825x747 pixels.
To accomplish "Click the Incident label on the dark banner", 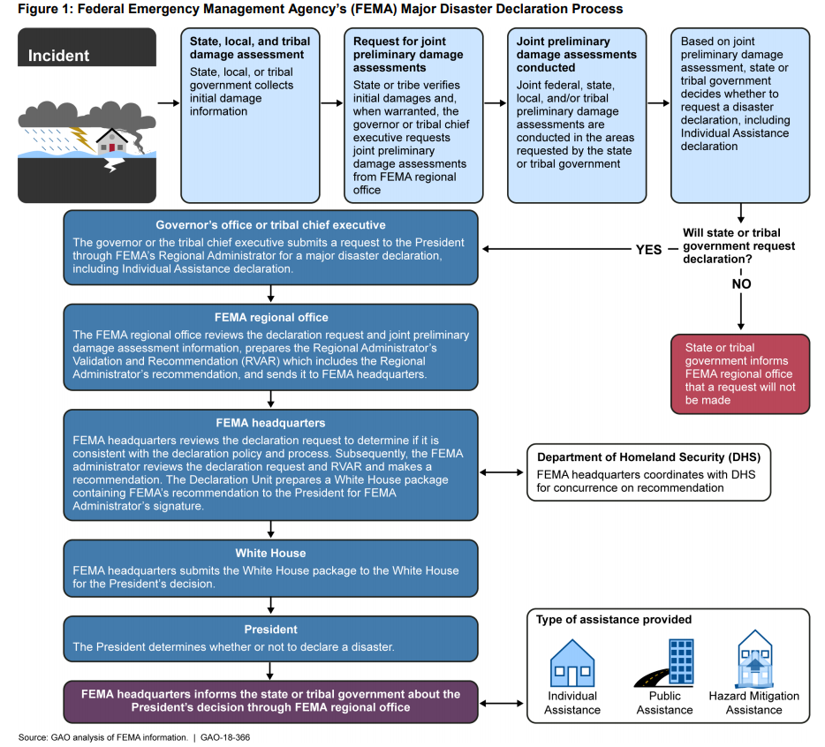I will pos(59,56).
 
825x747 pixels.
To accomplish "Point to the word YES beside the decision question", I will pos(648,249).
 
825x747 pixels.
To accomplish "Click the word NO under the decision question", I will pos(740,284).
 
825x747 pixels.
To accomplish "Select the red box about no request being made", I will pos(740,373).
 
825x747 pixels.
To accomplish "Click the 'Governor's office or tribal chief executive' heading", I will pos(270,225).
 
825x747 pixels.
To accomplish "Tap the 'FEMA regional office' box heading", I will pos(270,318).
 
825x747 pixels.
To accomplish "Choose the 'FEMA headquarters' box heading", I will pos(270,423).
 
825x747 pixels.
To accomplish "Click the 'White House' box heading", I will pos(270,554).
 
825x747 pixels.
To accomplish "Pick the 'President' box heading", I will pos(270,630).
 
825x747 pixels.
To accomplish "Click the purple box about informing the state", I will pos(270,700).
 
